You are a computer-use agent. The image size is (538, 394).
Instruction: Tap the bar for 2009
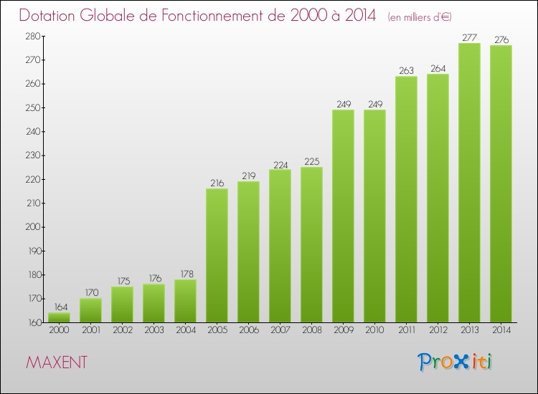click(x=343, y=216)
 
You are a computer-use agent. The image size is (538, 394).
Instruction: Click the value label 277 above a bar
click(x=469, y=38)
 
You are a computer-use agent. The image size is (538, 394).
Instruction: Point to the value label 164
click(x=59, y=307)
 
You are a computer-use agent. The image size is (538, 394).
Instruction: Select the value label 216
click(x=217, y=183)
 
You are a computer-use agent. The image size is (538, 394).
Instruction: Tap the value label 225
click(x=311, y=162)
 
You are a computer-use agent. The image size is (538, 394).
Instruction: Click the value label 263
click(x=406, y=71)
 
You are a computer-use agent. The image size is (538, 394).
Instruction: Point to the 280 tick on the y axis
click(x=33, y=36)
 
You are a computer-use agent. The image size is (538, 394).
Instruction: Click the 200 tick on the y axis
click(x=33, y=227)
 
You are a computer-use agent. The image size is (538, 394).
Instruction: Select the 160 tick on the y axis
click(x=33, y=322)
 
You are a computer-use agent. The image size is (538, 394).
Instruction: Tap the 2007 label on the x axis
click(x=280, y=331)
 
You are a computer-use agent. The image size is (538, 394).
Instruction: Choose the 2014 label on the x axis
click(x=501, y=331)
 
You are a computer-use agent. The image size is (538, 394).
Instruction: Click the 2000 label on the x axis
click(x=59, y=331)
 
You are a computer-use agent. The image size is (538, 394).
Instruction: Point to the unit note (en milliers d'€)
click(x=420, y=16)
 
